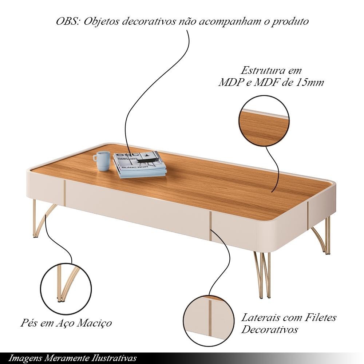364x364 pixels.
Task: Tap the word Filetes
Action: pyautogui.click(x=320, y=317)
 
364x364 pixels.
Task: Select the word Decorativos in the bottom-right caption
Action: pyautogui.click(x=269, y=329)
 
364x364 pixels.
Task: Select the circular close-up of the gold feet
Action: pyautogui.click(x=66, y=289)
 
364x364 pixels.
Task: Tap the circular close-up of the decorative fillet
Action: pyautogui.click(x=209, y=321)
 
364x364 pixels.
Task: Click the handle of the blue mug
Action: pyautogui.click(x=95, y=158)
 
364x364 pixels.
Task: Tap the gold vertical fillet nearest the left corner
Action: pyautogui.click(x=64, y=193)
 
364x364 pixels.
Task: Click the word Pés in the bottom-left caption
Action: pyautogui.click(x=29, y=323)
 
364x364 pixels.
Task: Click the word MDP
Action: pyautogui.click(x=231, y=82)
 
